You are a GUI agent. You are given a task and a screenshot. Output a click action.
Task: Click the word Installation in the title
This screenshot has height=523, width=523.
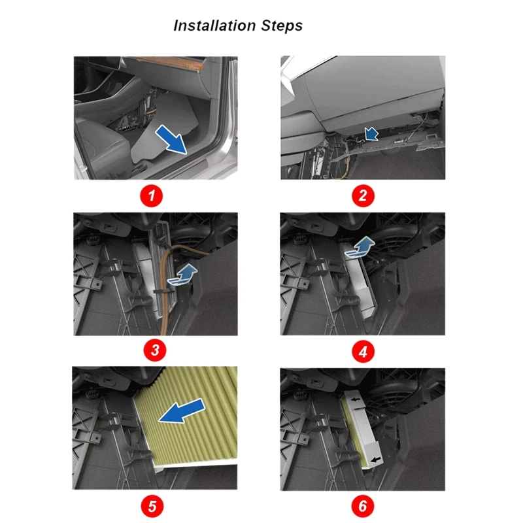click(214, 25)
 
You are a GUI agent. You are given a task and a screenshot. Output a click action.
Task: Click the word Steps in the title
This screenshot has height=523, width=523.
click(282, 26)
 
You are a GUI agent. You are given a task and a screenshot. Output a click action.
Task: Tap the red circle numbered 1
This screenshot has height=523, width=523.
click(152, 195)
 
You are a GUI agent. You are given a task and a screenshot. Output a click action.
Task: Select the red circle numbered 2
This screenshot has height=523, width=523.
click(363, 195)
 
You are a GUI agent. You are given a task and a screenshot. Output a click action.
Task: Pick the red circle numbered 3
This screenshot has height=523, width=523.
click(155, 350)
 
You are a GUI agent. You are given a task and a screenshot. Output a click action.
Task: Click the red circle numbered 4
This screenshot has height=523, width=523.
click(363, 352)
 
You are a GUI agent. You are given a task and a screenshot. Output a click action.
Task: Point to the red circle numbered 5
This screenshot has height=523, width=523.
click(152, 506)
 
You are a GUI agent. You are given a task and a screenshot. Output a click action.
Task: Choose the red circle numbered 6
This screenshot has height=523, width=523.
click(363, 506)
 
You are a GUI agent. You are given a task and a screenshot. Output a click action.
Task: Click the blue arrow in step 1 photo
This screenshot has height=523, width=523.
click(172, 140)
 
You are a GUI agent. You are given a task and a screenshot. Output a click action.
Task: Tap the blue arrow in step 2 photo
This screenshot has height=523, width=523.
click(372, 134)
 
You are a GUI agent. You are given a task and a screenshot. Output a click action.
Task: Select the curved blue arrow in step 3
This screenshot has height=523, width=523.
click(183, 275)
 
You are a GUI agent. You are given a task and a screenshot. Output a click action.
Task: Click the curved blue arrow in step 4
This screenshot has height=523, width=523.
click(360, 247)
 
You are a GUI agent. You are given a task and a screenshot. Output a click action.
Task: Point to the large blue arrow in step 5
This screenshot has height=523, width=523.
click(182, 411)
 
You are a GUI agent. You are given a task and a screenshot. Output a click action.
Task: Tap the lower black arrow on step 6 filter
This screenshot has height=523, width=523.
click(375, 460)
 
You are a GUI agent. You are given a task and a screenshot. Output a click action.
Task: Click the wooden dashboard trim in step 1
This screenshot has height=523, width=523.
click(169, 62)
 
